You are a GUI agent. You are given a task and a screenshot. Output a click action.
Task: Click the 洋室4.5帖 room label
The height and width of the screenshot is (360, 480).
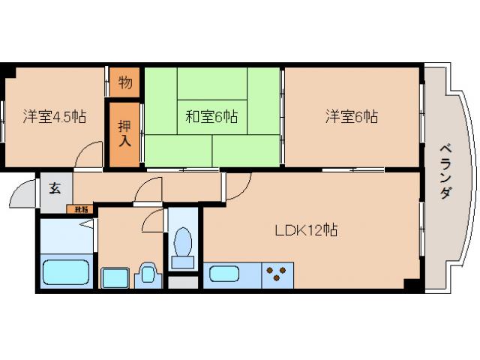click(53, 117)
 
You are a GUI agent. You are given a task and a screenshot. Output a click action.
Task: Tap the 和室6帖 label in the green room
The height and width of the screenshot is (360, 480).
click(211, 117)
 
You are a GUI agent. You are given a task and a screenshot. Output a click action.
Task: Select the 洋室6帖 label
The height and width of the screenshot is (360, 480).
click(351, 117)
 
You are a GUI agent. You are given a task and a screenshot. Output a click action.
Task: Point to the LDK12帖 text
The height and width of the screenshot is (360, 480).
click(304, 230)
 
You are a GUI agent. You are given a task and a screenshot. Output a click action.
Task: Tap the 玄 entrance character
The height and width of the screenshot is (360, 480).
click(55, 187)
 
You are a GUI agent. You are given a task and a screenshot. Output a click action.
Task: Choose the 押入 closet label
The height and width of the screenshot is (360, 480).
click(125, 136)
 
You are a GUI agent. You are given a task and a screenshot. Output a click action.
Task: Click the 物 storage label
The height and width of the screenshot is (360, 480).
click(125, 82)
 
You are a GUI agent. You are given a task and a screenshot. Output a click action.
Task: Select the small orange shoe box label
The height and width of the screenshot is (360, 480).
click(80, 209)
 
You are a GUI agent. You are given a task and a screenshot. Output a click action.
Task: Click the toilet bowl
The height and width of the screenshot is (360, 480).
click(181, 246)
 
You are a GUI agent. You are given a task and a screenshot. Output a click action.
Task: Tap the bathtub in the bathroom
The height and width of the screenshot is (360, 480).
click(66, 271)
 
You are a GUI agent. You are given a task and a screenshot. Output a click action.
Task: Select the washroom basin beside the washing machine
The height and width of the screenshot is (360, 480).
click(146, 275)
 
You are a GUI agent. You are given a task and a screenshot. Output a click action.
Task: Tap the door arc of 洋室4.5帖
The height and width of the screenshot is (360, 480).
click(88, 154)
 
